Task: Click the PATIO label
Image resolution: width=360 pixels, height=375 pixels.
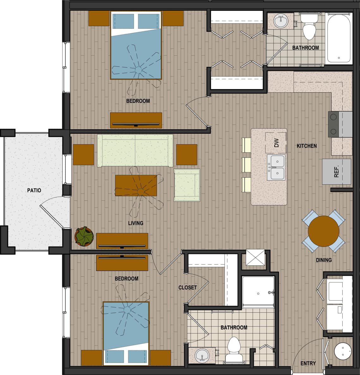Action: tap(34, 190)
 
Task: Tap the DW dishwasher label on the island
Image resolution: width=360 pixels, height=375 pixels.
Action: tap(277, 143)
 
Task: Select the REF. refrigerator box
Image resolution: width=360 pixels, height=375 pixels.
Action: tap(337, 171)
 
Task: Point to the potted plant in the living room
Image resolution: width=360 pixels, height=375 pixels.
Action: tap(84, 237)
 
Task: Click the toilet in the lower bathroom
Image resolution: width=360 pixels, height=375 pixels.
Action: tap(234, 348)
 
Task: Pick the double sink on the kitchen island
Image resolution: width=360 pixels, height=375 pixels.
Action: tap(276, 167)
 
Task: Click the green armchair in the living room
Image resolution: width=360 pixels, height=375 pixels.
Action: tap(187, 185)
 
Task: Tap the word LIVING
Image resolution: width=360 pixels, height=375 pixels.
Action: tap(136, 223)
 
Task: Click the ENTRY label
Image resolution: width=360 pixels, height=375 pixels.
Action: tap(308, 363)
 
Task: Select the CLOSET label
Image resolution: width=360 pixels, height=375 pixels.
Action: tap(187, 287)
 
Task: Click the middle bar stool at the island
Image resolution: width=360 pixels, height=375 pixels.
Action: tap(246, 165)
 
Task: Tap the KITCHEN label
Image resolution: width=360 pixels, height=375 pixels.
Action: tap(307, 146)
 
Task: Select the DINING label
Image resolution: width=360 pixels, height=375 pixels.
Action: tap(324, 260)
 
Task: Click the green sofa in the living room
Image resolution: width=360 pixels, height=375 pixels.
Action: tap(135, 151)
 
